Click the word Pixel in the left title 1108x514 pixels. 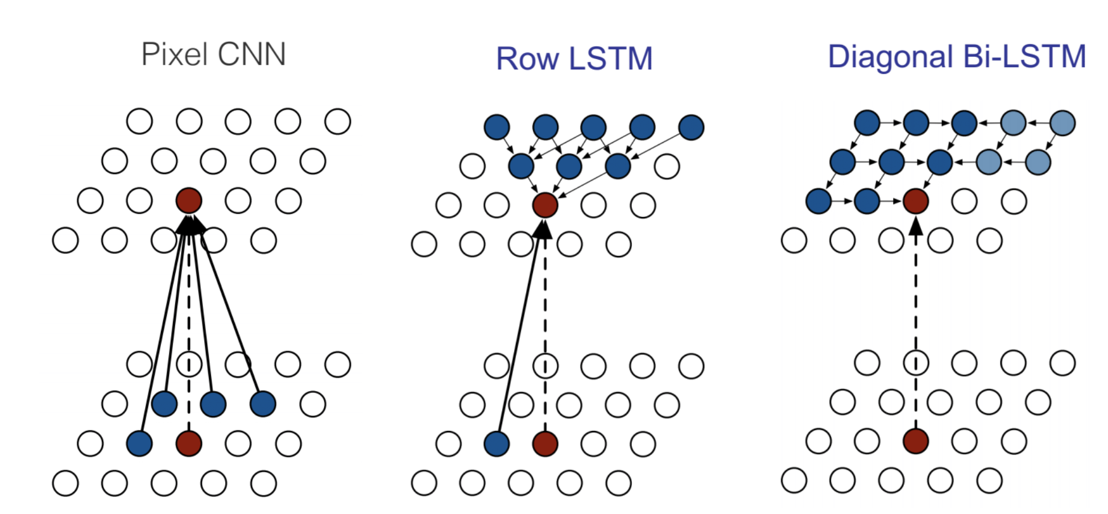(x=175, y=55)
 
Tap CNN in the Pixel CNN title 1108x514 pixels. (x=251, y=55)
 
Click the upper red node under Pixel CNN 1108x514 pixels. (x=189, y=201)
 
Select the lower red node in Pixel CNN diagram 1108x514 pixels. (x=189, y=443)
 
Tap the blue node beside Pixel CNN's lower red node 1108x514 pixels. (x=139, y=443)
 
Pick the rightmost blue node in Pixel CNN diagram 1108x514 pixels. (x=263, y=404)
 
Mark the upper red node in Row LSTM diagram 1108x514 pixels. (x=545, y=205)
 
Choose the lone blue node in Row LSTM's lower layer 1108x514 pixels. (x=497, y=444)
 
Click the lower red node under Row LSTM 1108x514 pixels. (x=545, y=444)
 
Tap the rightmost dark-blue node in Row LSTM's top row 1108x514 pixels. (x=691, y=127)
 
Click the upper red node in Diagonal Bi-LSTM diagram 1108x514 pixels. (x=916, y=201)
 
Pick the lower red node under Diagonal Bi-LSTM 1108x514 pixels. (x=916, y=441)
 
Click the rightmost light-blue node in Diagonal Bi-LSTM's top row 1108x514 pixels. (x=1062, y=123)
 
